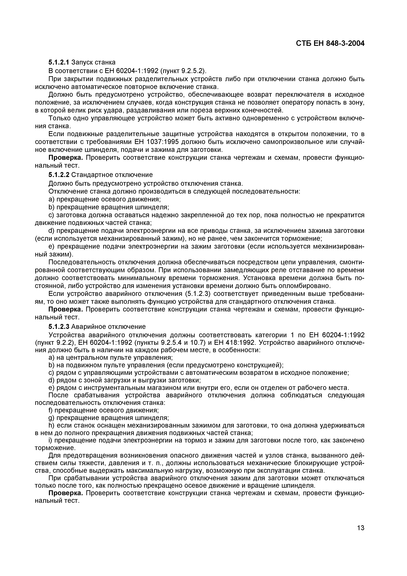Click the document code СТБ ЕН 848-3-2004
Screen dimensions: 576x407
click(x=330, y=43)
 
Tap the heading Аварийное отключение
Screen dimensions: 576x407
click(x=108, y=326)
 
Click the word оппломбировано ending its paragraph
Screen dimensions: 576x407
click(x=303, y=286)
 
